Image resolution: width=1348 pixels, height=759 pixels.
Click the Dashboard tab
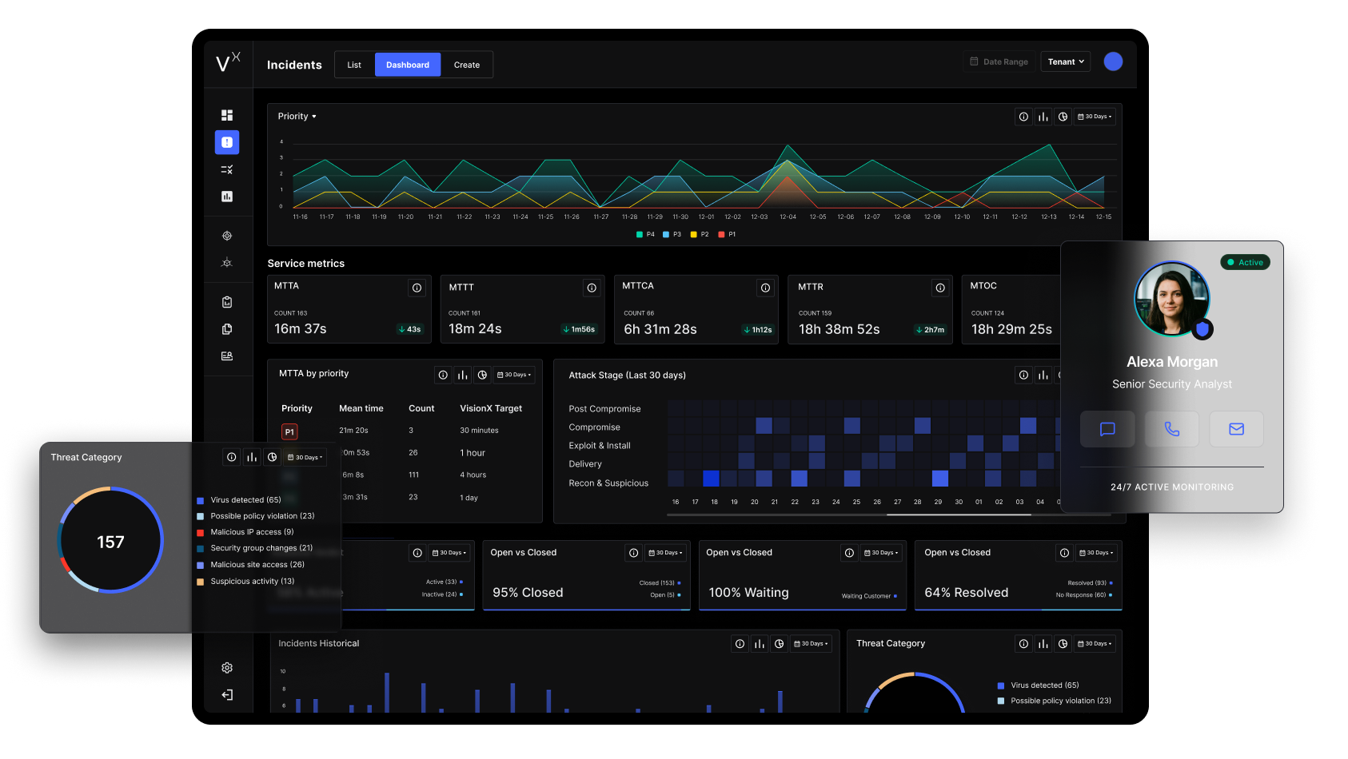408,65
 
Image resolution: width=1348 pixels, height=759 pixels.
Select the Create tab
467,65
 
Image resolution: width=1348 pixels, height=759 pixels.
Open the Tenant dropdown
1065,62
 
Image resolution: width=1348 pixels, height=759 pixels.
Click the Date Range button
999,62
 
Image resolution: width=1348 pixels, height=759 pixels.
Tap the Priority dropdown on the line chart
297,117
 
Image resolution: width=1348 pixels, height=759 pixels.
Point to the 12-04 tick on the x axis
788,217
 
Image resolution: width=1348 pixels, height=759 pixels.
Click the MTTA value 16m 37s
301,329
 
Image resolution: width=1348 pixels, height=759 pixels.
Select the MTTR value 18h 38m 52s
839,329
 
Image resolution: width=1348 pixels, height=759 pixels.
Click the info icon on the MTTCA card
765,288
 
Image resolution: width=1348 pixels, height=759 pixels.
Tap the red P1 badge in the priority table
289,431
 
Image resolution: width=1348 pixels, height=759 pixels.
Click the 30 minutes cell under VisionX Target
479,431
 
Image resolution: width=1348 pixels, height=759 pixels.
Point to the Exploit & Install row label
600,446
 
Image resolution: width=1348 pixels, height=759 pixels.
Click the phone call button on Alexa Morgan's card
1171,429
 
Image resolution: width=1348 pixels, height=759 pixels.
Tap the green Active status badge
1245,262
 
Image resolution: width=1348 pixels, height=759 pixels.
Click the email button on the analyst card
1236,429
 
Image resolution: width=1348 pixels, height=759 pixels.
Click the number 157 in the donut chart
110,542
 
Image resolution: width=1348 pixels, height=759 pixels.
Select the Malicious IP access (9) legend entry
251,532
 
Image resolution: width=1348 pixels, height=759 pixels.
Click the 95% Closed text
528,593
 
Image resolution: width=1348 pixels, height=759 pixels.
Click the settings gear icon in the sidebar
227,668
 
